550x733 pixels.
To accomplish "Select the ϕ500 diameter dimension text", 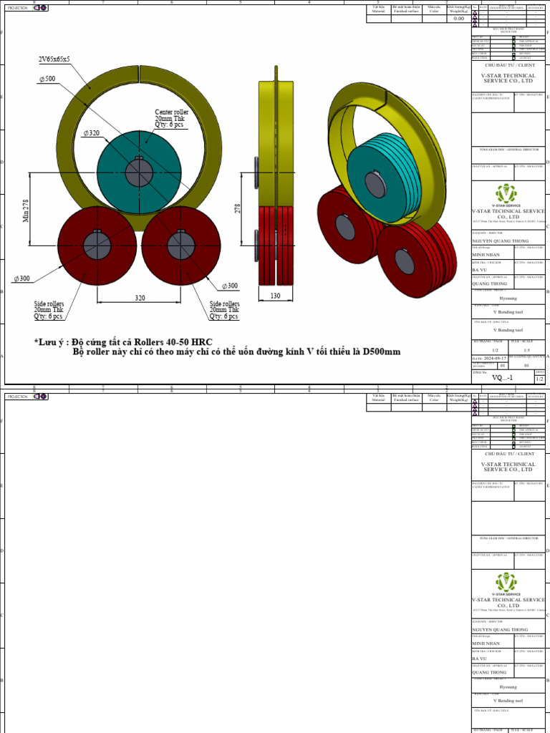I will pos(49,79).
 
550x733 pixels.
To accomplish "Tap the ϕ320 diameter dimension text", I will pos(91,133).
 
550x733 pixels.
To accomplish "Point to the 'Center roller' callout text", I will pos(171,112).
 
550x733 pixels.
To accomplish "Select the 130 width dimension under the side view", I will pos(276,296).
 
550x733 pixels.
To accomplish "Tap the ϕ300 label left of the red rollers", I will pos(21,278).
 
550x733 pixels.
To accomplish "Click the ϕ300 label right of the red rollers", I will pos(229,286).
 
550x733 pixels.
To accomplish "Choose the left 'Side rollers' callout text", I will pos(49,304).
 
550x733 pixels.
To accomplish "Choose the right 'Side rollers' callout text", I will pos(224,304).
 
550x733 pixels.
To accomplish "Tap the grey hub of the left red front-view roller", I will pos(97,246).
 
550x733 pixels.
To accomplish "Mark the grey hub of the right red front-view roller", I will pos(181,246).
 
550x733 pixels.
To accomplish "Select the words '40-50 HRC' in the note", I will pos(187,341).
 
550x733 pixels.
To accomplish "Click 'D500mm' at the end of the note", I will pos(380,351).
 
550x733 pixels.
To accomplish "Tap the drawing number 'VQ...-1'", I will pos(500,377).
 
